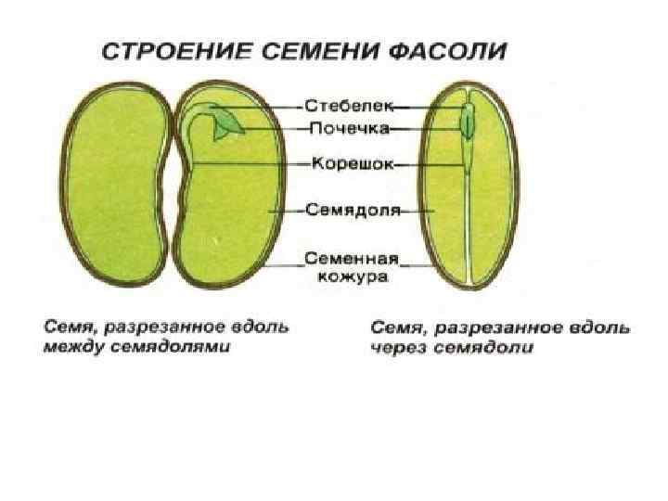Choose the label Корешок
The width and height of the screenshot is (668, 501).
point(353,163)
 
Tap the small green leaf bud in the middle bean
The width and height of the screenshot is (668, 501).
point(225,128)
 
